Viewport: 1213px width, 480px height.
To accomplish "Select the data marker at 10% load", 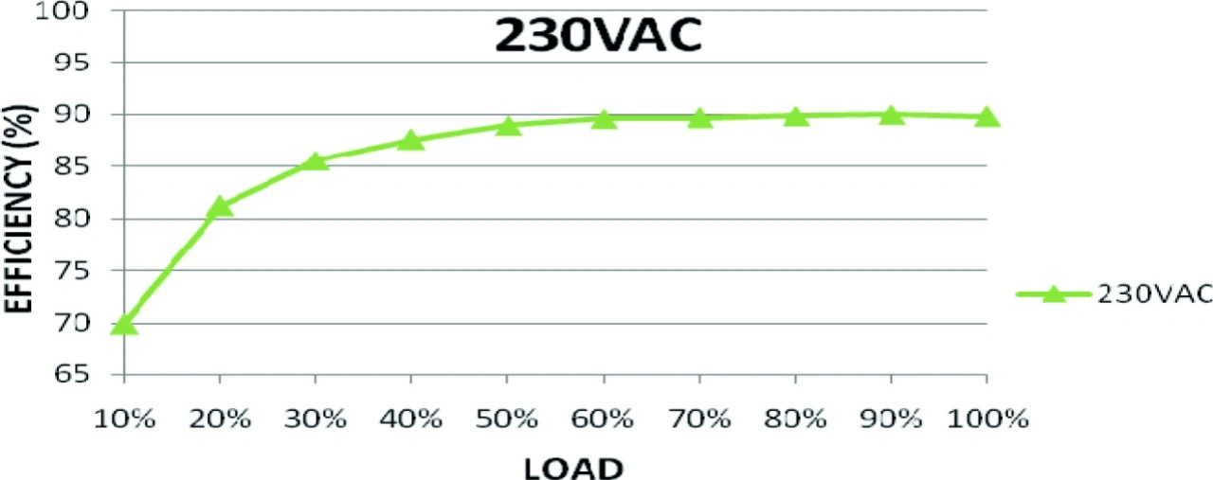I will tap(124, 325).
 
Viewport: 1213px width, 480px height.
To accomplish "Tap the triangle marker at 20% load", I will tap(220, 205).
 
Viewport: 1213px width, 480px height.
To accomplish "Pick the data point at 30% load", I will tap(316, 161).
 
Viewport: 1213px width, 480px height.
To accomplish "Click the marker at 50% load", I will tap(508, 125).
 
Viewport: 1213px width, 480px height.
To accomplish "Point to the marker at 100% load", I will tap(987, 116).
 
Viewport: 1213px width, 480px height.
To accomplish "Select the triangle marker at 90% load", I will tap(891, 115).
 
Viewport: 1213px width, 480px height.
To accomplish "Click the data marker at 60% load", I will tap(604, 118).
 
